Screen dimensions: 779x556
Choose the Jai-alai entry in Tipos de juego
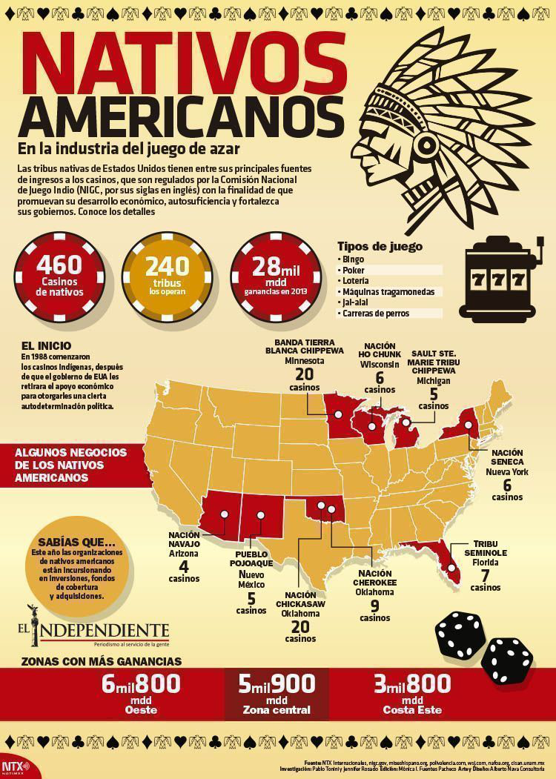[x=357, y=302]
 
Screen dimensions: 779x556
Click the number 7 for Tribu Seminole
[x=485, y=575]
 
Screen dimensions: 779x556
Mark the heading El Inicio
[x=46, y=345]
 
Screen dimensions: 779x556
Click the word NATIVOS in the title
[x=175, y=65]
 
